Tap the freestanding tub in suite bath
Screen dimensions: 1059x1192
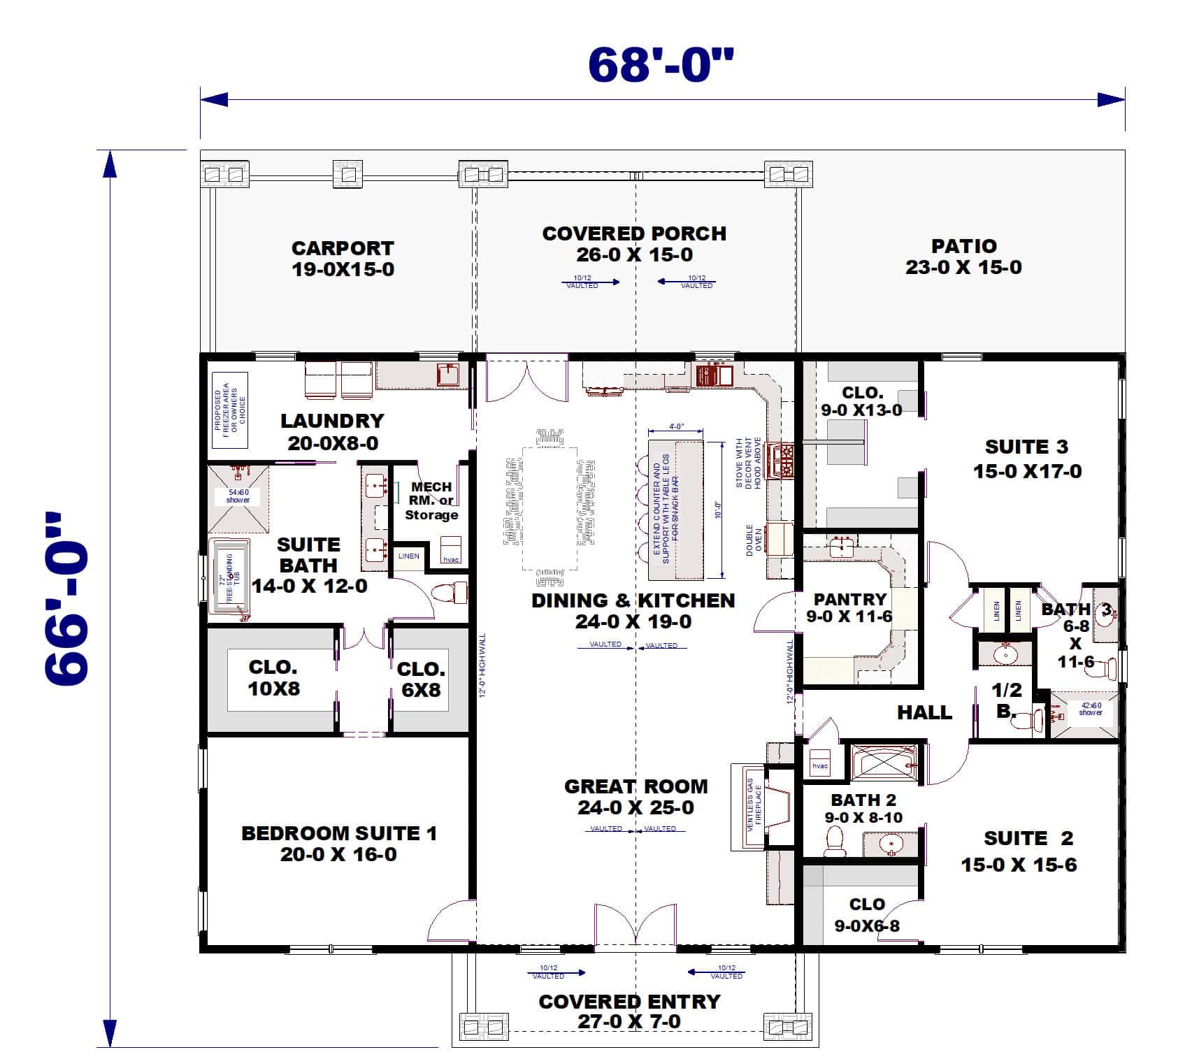230,577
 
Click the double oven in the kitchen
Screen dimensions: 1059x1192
779,540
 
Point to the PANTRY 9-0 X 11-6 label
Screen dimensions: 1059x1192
849,608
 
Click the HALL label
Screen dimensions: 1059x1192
924,712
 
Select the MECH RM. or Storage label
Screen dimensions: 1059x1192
431,500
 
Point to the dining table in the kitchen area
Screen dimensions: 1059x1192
549,508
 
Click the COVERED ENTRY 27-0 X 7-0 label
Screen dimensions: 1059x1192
629,1011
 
